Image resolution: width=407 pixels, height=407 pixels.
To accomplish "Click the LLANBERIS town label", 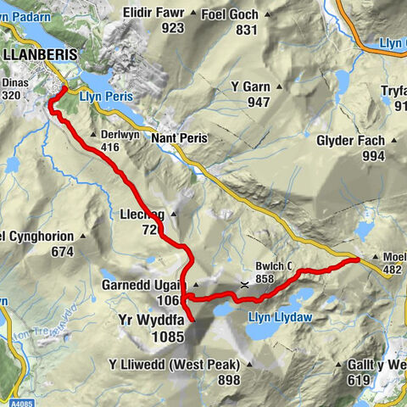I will pos(41,53).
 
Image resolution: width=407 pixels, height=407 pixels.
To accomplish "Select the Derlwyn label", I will pos(118,135).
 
